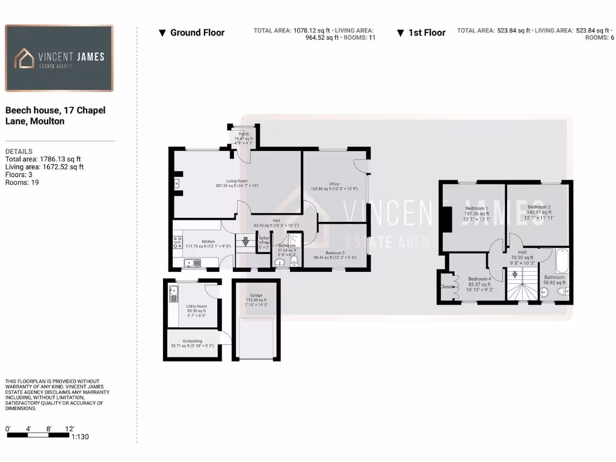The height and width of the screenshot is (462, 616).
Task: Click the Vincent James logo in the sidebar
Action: [59, 58]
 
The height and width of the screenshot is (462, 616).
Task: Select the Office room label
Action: [334, 184]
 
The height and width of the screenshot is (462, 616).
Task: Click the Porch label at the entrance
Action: [244, 134]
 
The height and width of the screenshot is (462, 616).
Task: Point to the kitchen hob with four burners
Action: [178, 242]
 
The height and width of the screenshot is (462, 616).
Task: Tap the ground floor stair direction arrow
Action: [245, 242]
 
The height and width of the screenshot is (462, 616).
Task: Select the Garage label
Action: [257, 295]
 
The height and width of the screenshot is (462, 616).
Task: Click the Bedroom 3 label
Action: [335, 253]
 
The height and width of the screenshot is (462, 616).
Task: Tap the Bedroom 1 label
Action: [476, 208]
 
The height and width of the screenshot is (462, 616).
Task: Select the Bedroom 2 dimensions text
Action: [539, 218]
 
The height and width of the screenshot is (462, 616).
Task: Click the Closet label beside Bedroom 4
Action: [446, 287]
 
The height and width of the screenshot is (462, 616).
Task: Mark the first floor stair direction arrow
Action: [514, 275]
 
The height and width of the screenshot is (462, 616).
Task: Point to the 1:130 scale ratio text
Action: [79, 437]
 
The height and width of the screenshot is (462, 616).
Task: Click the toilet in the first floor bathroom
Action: [563, 292]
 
